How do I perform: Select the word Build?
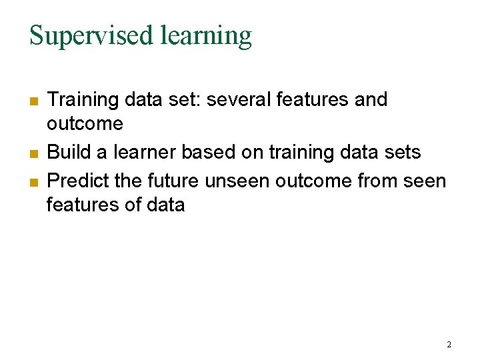(x=69, y=153)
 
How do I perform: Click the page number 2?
(x=449, y=345)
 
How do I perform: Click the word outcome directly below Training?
(x=85, y=124)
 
